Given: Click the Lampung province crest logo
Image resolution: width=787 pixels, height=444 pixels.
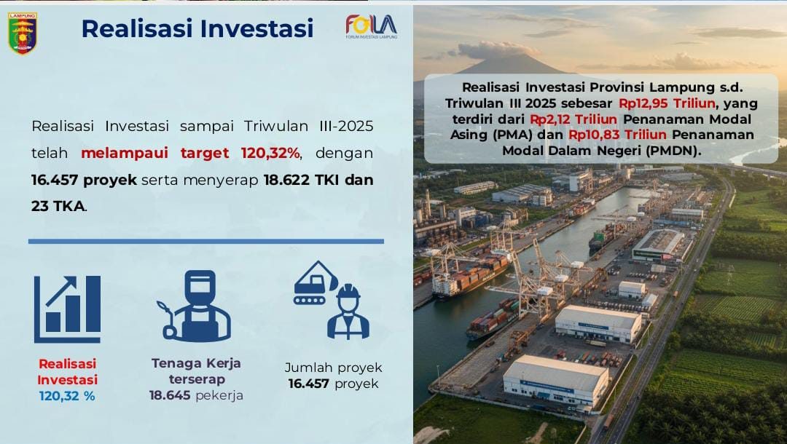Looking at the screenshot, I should coord(23,33).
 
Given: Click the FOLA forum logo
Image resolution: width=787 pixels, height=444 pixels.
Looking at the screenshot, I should coord(371,27).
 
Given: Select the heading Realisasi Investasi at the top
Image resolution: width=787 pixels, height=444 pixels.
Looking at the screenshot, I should coord(197,28).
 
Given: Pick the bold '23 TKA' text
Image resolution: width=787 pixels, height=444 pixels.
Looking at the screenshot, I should coord(58,206).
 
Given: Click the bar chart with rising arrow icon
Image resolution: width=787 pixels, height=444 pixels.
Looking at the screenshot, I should coord(67,309).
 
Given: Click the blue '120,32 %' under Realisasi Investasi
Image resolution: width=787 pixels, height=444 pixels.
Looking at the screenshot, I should coord(67,396).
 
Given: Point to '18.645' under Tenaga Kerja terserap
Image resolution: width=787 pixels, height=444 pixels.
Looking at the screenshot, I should coord(170,395).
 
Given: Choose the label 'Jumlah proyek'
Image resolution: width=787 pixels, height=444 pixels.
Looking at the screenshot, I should coord(333,368).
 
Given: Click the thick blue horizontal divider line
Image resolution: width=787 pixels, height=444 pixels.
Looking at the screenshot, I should coord(205,241).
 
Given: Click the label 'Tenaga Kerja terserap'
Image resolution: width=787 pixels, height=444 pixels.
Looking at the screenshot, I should coord(196,370).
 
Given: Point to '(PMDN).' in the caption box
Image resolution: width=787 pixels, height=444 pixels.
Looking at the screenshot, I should coord(675,151).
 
